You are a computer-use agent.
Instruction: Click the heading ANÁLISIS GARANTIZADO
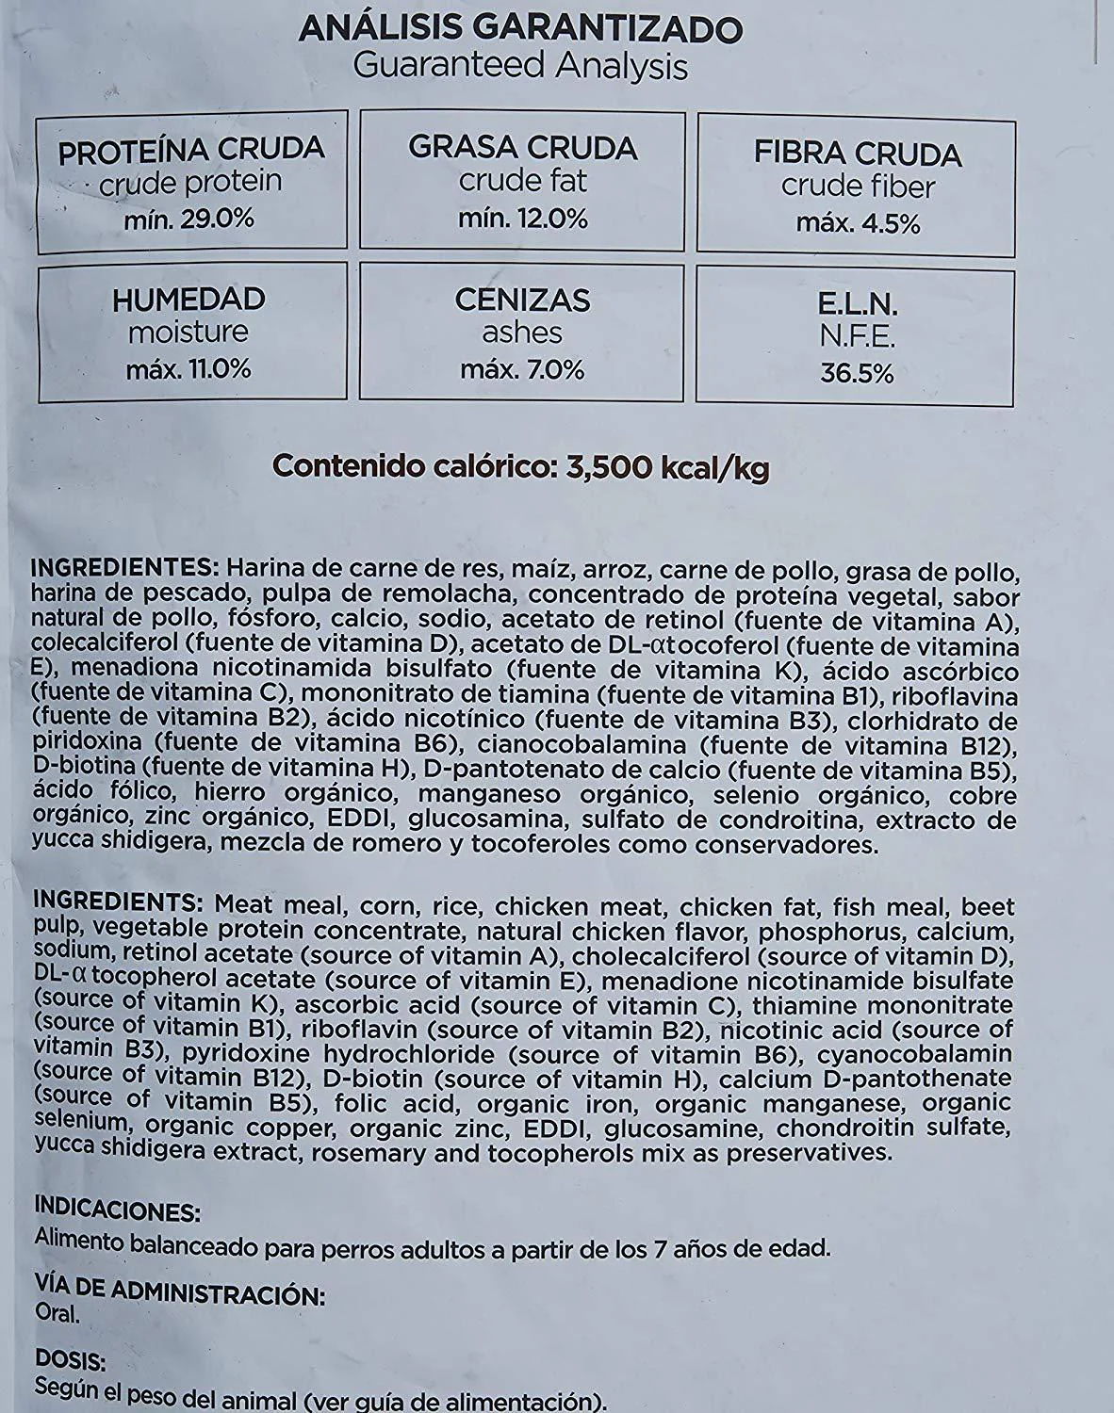pyautogui.click(x=520, y=29)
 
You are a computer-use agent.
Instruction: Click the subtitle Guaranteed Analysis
pyautogui.click(x=520, y=66)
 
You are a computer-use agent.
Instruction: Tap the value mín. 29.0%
pyautogui.click(x=189, y=219)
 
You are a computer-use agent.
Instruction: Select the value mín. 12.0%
pyautogui.click(x=523, y=219)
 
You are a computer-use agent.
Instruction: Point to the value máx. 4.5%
pyautogui.click(x=858, y=223)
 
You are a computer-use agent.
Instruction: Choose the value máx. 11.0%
pyautogui.click(x=188, y=368)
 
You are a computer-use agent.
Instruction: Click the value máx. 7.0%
pyautogui.click(x=522, y=369)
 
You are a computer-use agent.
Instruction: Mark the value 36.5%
pyautogui.click(x=857, y=373)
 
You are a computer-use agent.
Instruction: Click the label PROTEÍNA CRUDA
pyautogui.click(x=191, y=149)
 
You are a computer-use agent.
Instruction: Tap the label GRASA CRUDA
pyautogui.click(x=523, y=147)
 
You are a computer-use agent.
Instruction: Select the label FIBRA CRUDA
pyautogui.click(x=858, y=154)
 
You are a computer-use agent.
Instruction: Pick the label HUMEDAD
pyautogui.click(x=188, y=300)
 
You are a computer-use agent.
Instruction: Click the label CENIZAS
pyautogui.click(x=522, y=300)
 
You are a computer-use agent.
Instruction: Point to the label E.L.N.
pyautogui.click(x=857, y=304)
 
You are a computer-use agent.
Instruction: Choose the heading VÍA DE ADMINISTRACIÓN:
pyautogui.click(x=179, y=1290)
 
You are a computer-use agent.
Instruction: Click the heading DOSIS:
pyautogui.click(x=70, y=1359)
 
